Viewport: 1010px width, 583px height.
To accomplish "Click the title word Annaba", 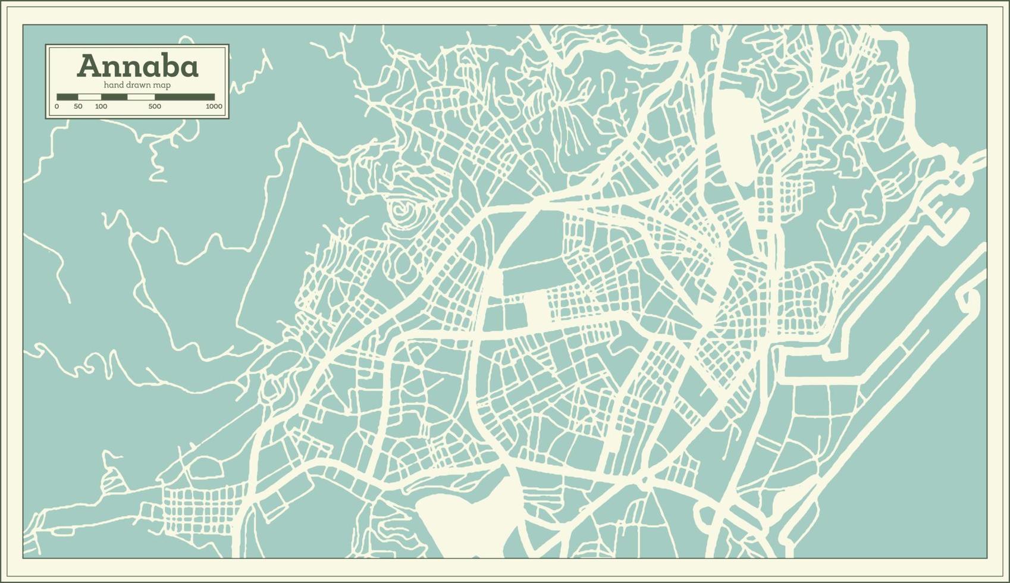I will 137,66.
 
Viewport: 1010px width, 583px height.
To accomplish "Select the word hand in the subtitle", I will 113,85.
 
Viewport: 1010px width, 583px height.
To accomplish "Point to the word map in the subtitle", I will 163,85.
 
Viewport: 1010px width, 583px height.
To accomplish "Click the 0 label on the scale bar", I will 57,106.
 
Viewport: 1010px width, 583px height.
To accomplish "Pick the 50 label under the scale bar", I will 78,106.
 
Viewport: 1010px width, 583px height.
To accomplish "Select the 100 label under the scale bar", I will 101,106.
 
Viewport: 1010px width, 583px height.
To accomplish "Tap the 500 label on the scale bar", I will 155,106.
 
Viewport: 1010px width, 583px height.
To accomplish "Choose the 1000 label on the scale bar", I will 214,106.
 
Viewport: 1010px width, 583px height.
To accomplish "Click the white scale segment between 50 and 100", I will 89,96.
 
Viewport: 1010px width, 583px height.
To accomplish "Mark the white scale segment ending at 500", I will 141,96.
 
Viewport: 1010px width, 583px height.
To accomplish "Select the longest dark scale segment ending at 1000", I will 184,96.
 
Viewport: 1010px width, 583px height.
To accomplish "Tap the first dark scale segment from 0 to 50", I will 67,96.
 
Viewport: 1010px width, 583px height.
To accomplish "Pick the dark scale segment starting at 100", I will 114,96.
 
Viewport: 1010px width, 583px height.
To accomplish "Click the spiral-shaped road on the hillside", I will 404,209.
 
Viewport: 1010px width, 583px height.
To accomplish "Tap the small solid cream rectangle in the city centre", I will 537,309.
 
